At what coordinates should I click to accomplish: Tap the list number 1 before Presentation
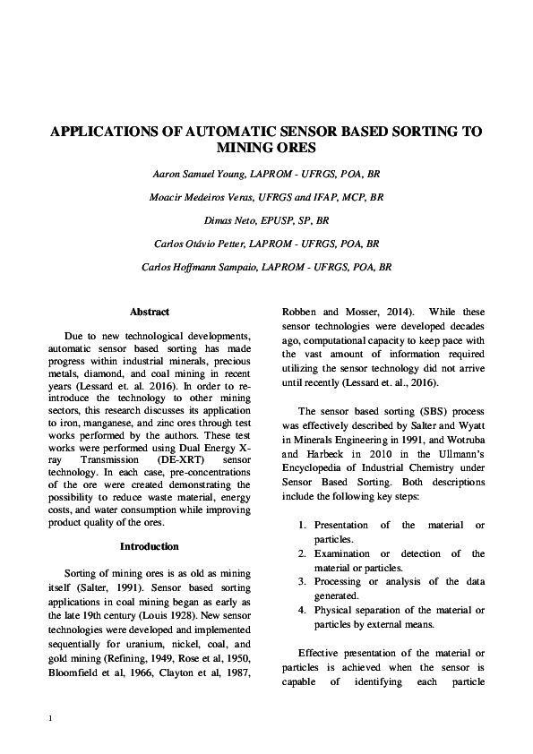click(303, 525)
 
